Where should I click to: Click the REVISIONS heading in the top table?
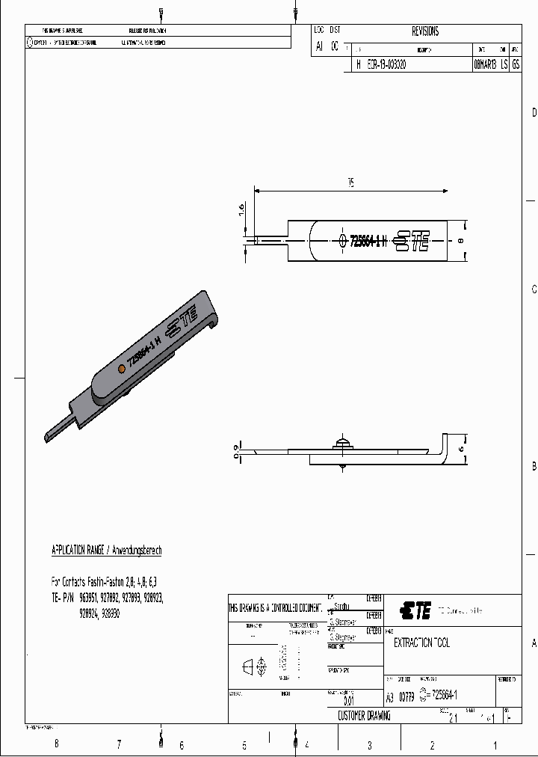pos(425,31)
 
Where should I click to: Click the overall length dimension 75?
pos(350,183)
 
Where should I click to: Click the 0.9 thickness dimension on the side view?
pos(237,450)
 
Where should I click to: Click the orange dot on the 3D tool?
pos(121,369)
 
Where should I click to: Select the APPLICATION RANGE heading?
pos(106,550)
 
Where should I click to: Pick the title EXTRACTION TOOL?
pos(421,643)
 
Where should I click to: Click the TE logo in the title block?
pos(415,611)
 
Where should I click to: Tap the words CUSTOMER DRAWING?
pos(364,716)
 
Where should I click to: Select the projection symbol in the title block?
pos(255,666)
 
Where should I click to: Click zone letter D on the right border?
pos(533,113)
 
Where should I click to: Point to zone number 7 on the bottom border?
pos(118,744)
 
